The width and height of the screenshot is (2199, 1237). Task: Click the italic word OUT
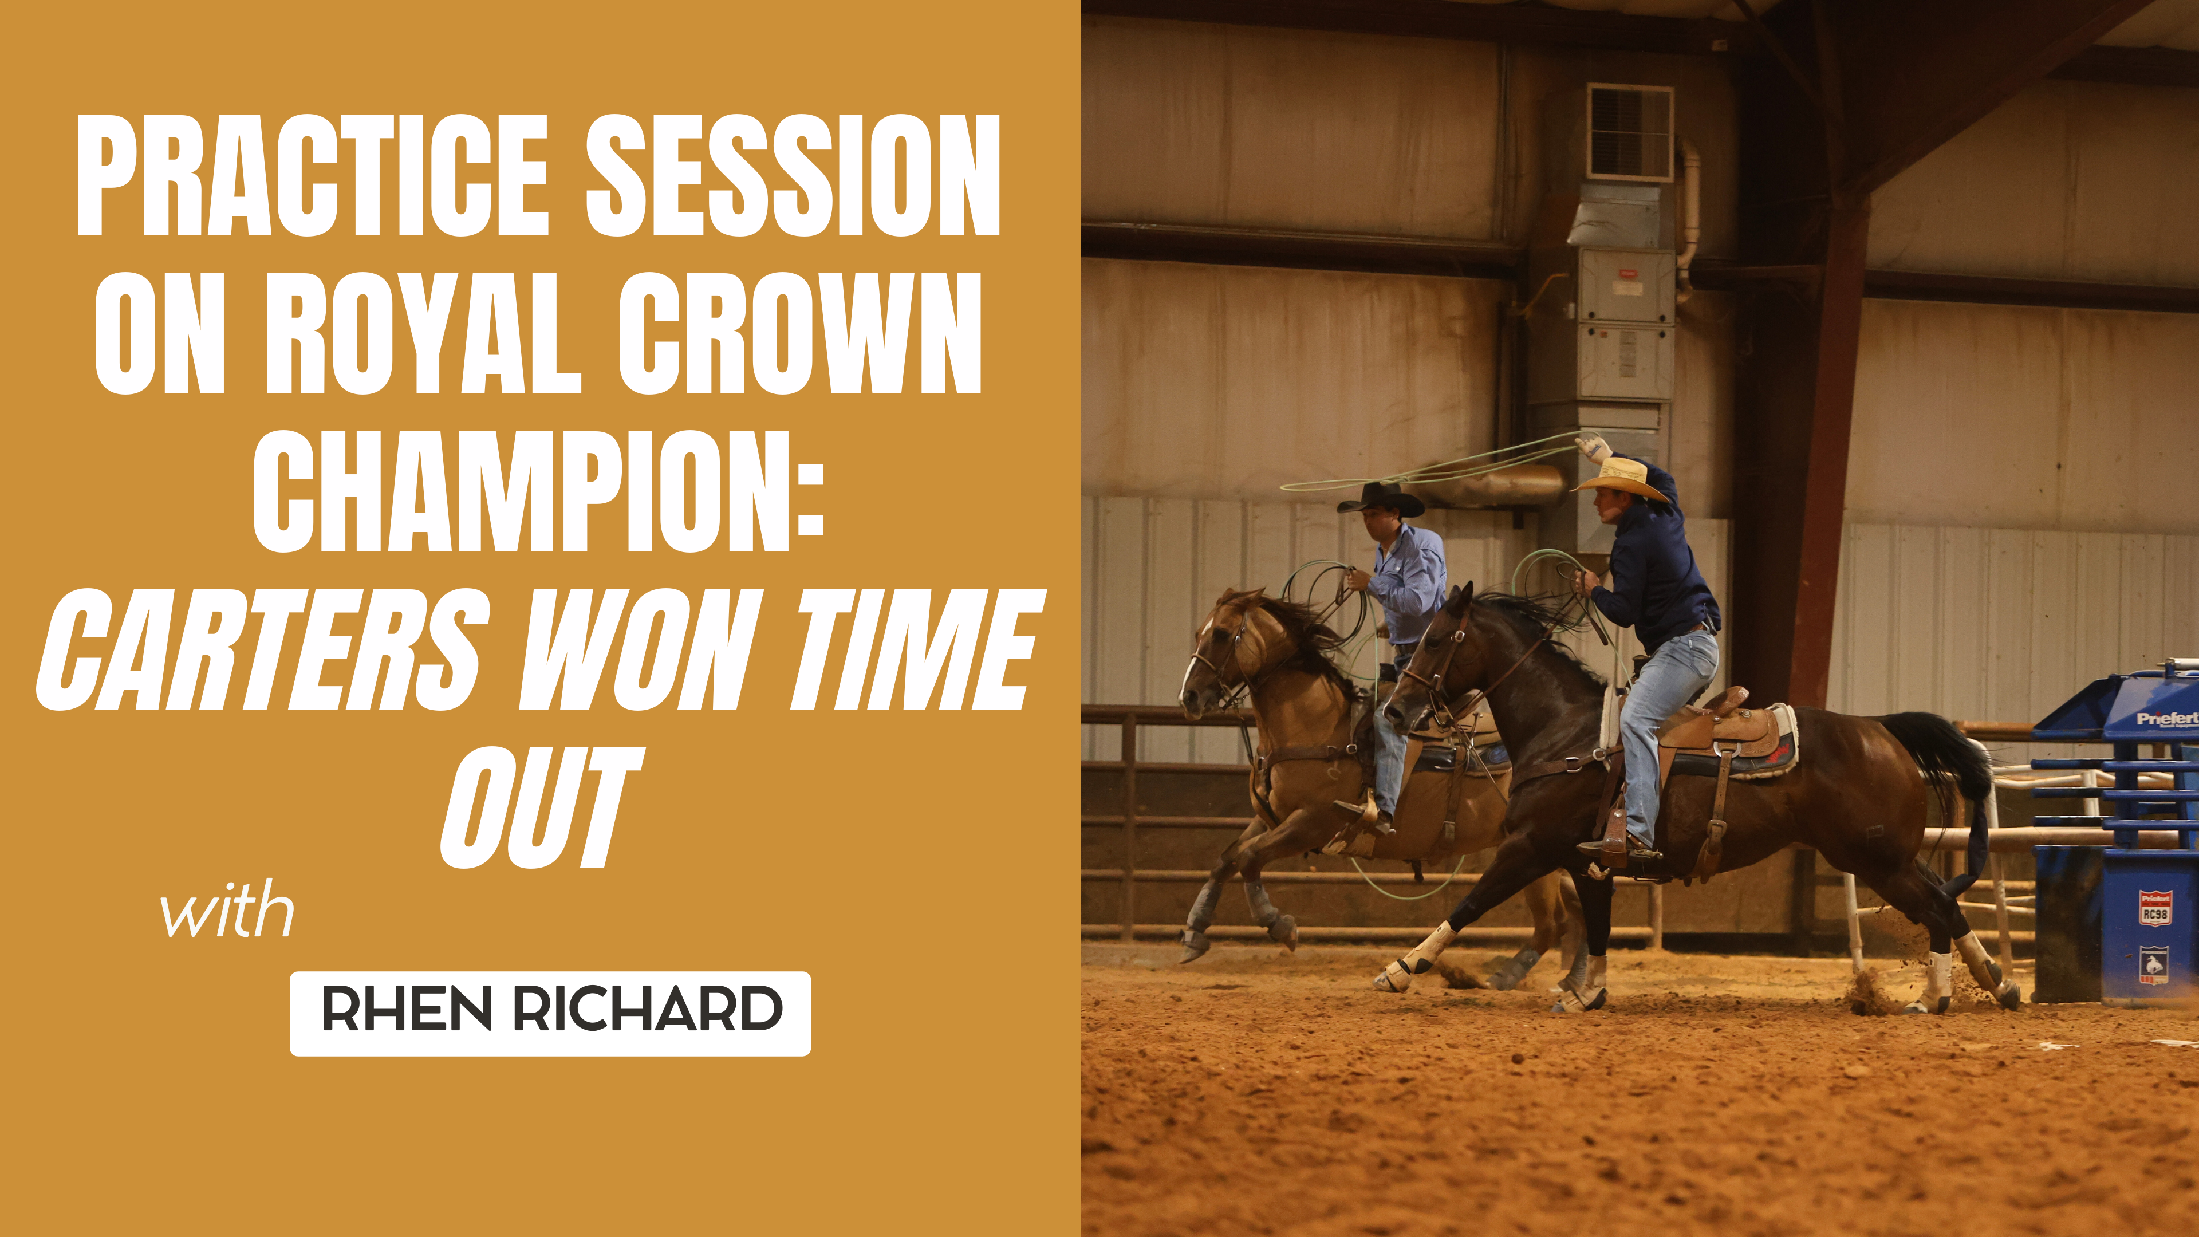[x=539, y=809]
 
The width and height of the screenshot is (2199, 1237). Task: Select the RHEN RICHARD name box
[x=550, y=1013]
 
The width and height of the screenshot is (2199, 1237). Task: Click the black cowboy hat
[x=1380, y=499]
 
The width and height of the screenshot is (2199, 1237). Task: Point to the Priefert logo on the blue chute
[x=2166, y=719]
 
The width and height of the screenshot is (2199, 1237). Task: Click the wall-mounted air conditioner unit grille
[x=1629, y=132]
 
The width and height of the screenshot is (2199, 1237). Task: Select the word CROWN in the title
[x=799, y=334]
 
